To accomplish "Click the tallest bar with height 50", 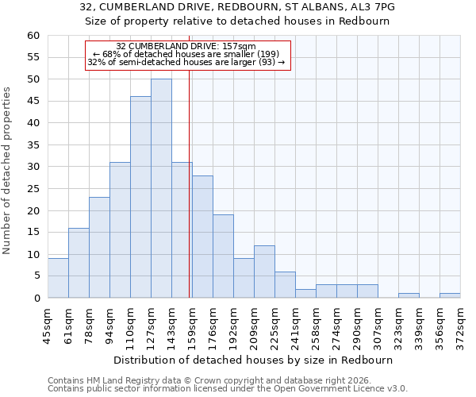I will [x=161, y=188].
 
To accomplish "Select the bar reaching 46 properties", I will [x=140, y=197].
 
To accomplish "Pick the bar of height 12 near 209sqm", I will [x=264, y=272].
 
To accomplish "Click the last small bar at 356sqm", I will [x=450, y=295].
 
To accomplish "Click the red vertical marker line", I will [x=190, y=198].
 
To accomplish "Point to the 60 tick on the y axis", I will [x=33, y=36].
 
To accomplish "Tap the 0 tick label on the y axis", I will [x=36, y=299].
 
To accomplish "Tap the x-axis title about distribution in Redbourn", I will [x=253, y=360].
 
